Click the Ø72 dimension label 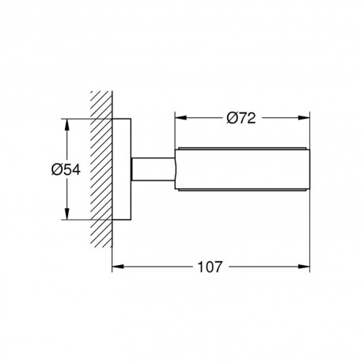pos(241,118)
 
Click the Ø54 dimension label pos(66,169)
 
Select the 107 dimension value pos(210,267)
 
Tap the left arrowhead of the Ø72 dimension pos(180,118)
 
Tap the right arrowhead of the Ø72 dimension pos(304,118)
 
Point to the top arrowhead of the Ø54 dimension pos(67,125)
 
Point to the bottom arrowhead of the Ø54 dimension pos(67,214)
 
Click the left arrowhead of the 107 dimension pos(118,267)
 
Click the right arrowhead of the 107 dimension pos(304,267)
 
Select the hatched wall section pos(101,169)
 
